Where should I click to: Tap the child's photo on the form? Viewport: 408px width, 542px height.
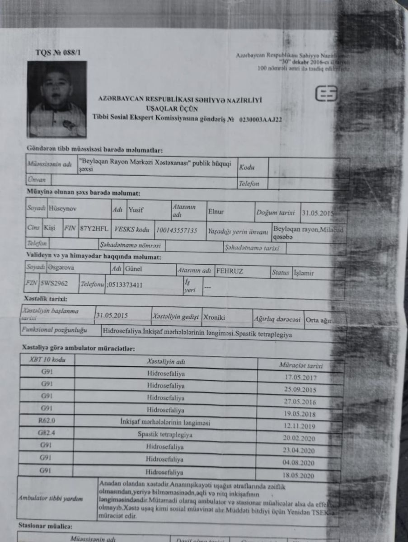(x=57, y=99)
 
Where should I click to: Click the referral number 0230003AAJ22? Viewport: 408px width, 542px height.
(x=261, y=120)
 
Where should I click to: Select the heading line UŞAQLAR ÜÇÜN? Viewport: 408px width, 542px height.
(x=178, y=108)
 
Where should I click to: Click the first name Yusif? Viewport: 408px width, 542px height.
(x=136, y=210)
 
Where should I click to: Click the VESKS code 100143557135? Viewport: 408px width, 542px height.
(x=177, y=230)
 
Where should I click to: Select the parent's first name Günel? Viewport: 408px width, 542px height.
(x=134, y=270)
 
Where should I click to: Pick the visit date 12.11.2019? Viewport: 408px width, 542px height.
(x=300, y=425)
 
